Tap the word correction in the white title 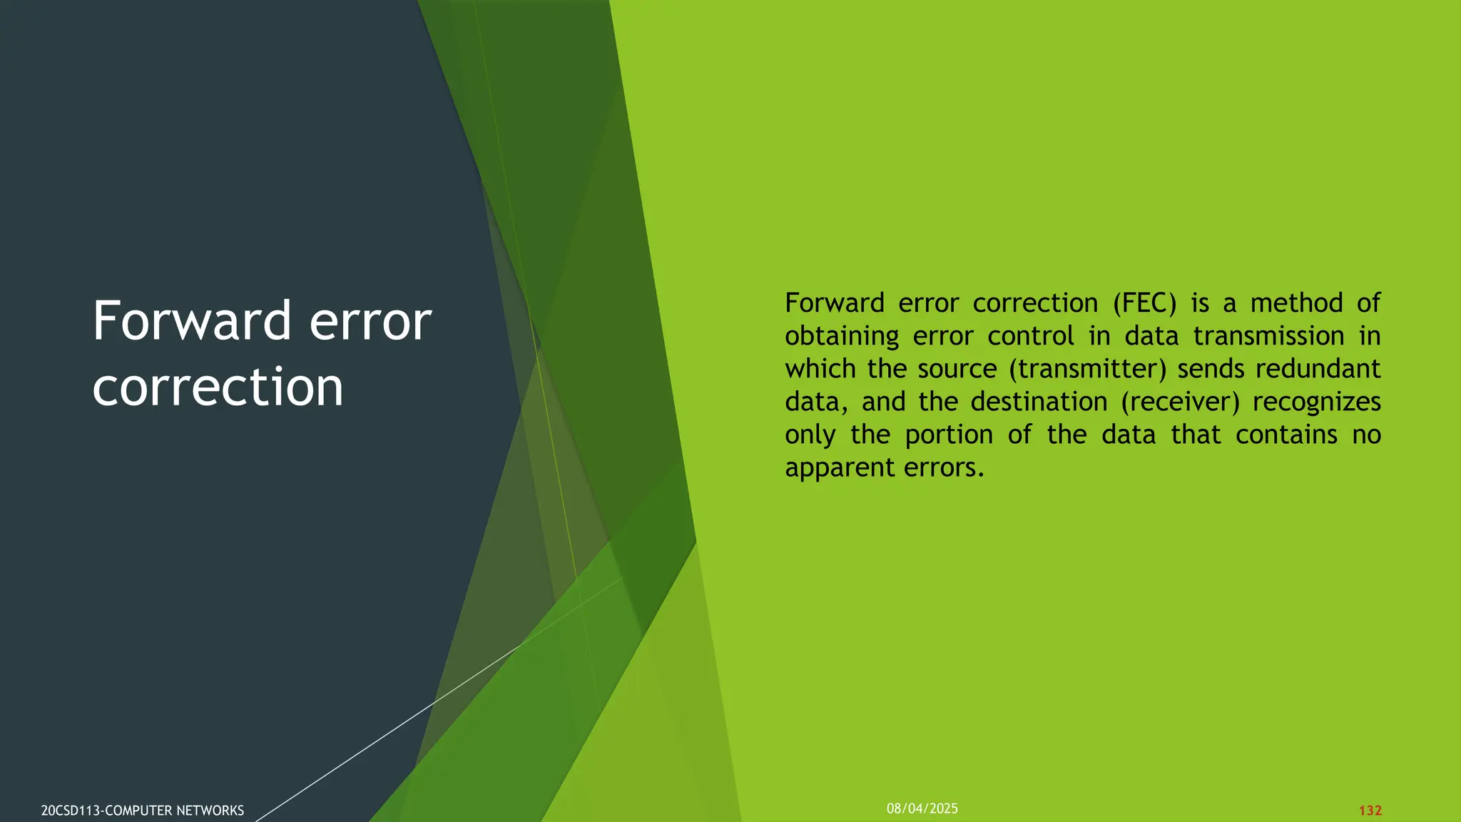pos(218,387)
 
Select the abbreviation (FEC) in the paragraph pos(1144,303)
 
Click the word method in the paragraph pos(1297,303)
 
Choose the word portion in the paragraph pos(949,435)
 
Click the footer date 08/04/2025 pos(922,808)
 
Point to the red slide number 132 pos(1370,811)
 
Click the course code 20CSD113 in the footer pos(71,811)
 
